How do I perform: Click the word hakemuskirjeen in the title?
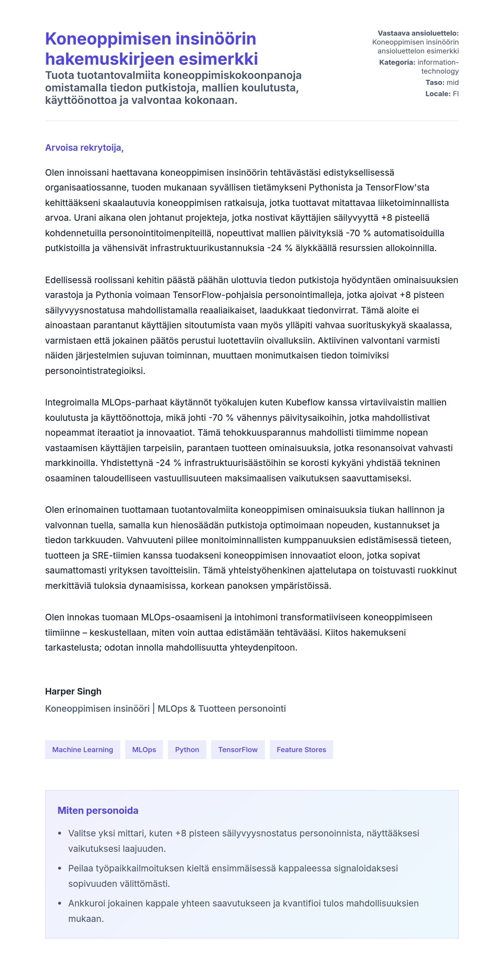point(109,59)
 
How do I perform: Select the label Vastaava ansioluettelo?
point(418,34)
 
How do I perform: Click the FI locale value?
point(455,94)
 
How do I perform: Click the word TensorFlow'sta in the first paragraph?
point(397,187)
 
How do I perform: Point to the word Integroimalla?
point(72,402)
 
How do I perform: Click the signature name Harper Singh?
point(73,692)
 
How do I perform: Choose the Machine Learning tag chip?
point(82,750)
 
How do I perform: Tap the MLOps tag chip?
point(144,750)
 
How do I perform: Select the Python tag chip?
point(187,750)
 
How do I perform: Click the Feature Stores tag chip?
point(301,750)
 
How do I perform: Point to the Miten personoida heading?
point(98,811)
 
